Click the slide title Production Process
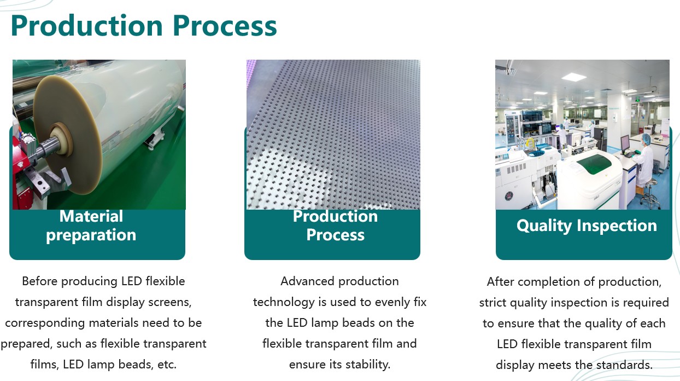[x=144, y=26]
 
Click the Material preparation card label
[x=91, y=226]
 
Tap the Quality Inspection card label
[x=587, y=226]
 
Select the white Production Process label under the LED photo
[x=335, y=226]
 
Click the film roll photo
[x=99, y=135]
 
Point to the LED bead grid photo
[x=333, y=135]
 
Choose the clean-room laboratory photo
[x=582, y=135]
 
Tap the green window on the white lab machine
[x=594, y=164]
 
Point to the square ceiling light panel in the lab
[x=573, y=77]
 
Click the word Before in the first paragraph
[x=40, y=281]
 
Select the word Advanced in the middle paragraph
[x=307, y=281]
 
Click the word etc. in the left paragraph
[x=167, y=364]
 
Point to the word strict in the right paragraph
[x=493, y=303]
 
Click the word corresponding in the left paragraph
[x=45, y=323]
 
